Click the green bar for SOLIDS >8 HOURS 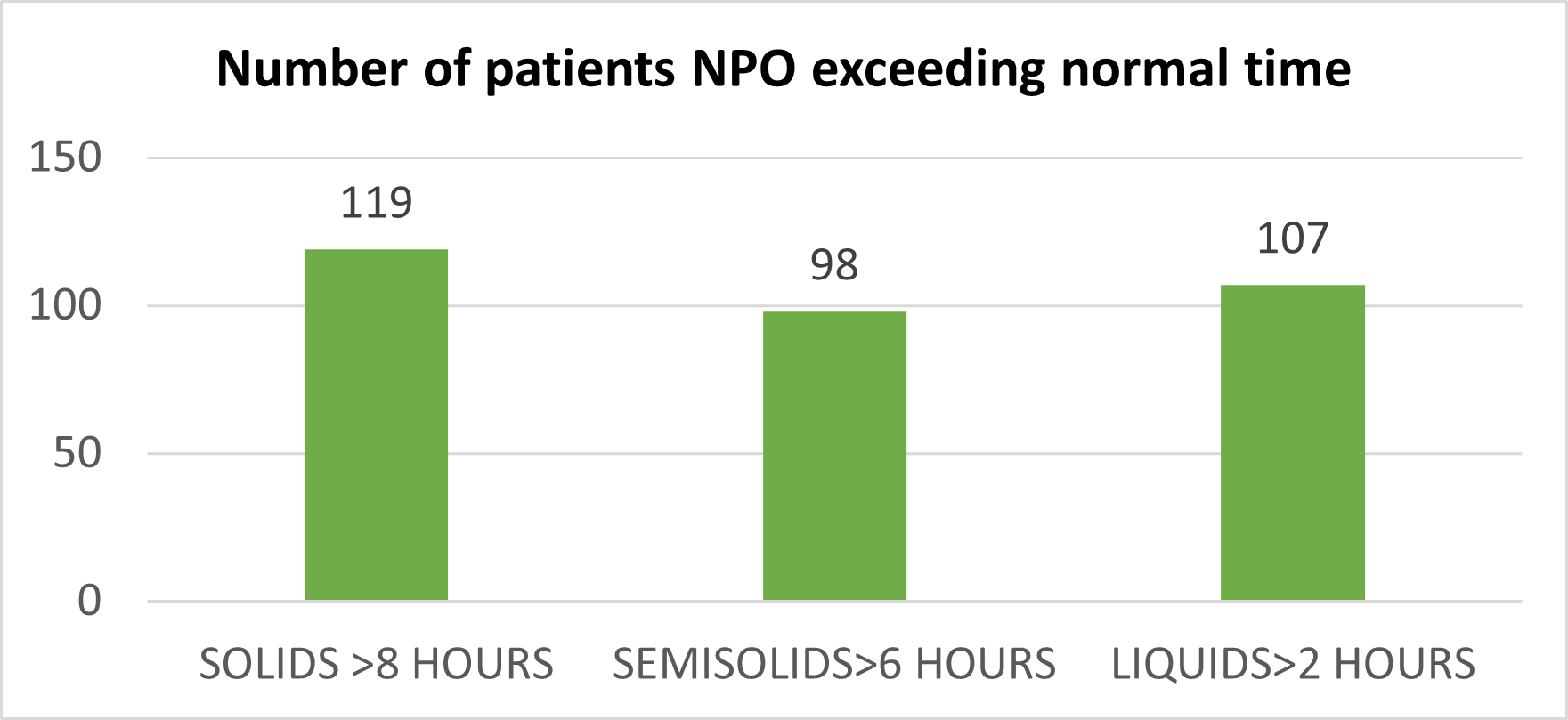pyautogui.click(x=376, y=425)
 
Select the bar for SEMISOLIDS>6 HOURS pyautogui.click(x=834, y=456)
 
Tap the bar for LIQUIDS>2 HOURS pyautogui.click(x=1293, y=442)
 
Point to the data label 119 pyautogui.click(x=377, y=204)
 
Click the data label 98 pyautogui.click(x=834, y=265)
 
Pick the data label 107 pyautogui.click(x=1293, y=239)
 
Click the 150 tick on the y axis pyautogui.click(x=66, y=158)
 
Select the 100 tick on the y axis pyautogui.click(x=66, y=306)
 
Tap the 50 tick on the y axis pyautogui.click(x=77, y=454)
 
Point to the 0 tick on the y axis pyautogui.click(x=90, y=602)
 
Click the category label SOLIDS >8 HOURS pyautogui.click(x=377, y=665)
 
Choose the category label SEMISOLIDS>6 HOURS pyautogui.click(x=834, y=665)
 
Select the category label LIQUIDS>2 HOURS pyautogui.click(x=1293, y=665)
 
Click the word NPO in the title pyautogui.click(x=744, y=69)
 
